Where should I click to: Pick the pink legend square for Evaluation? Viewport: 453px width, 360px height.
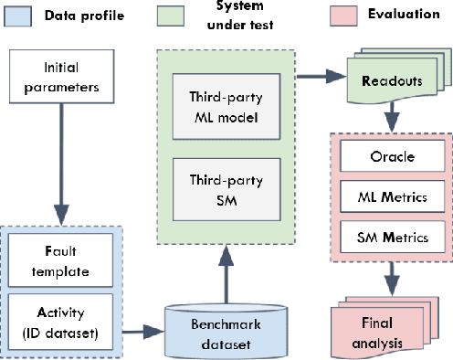tap(341, 16)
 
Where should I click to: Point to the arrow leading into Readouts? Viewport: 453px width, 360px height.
tap(320, 73)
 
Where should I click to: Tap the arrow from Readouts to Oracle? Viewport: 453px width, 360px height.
tap(392, 117)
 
